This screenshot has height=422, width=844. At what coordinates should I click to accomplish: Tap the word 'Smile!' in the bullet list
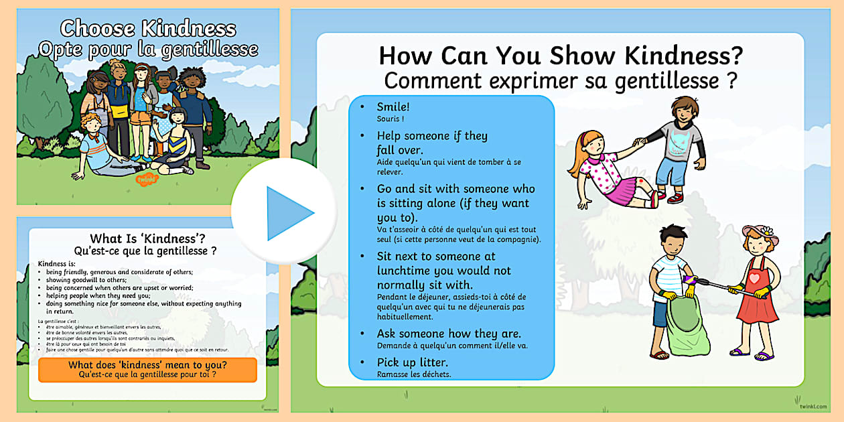tap(393, 107)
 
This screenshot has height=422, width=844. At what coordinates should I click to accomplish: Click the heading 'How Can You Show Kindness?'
tap(561, 55)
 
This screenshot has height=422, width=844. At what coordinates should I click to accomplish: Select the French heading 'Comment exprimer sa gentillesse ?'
tap(561, 81)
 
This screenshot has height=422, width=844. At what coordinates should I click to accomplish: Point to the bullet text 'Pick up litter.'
tap(411, 362)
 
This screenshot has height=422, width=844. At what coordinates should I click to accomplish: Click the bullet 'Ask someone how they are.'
tap(449, 334)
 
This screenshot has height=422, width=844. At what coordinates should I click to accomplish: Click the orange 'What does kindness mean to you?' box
tap(147, 370)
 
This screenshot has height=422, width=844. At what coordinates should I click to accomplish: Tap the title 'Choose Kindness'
tap(148, 29)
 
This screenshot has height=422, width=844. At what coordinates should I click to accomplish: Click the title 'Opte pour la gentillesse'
tap(148, 49)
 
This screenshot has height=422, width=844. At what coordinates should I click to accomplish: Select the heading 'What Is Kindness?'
tap(147, 238)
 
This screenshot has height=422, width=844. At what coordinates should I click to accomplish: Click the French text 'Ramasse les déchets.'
tap(413, 374)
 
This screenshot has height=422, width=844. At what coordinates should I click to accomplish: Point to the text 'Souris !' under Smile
tap(391, 119)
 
